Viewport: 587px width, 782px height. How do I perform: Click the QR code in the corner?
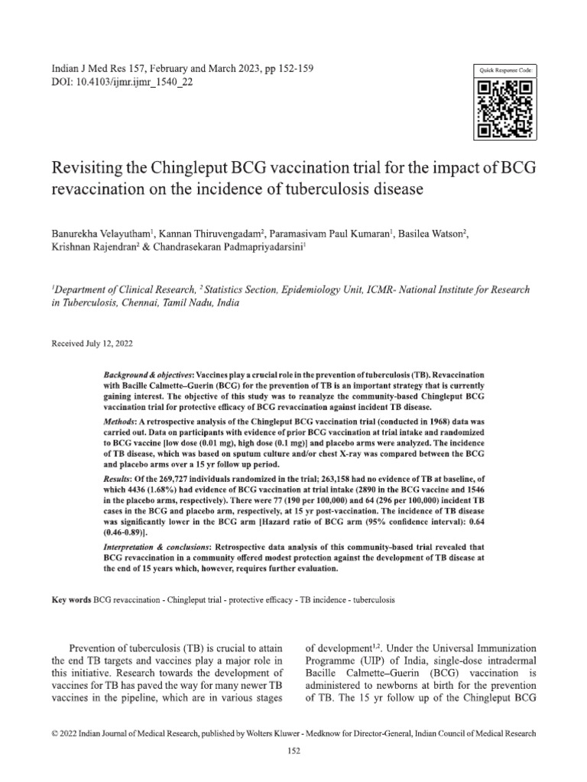[x=507, y=109]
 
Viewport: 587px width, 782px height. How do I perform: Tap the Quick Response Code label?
[x=507, y=70]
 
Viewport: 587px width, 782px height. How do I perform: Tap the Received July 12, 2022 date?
[x=92, y=344]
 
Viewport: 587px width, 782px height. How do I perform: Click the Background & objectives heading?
[x=148, y=378]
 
